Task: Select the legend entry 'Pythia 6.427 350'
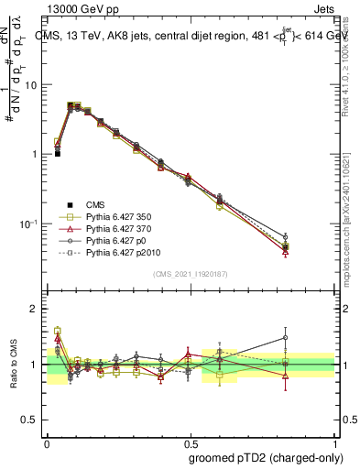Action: click(119, 217)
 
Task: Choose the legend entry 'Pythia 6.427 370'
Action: click(119, 229)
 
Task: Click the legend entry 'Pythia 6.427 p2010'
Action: click(123, 253)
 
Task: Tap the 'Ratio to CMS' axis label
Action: click(15, 364)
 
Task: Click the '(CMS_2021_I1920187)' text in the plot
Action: click(190, 274)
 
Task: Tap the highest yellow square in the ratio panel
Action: click(58, 331)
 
